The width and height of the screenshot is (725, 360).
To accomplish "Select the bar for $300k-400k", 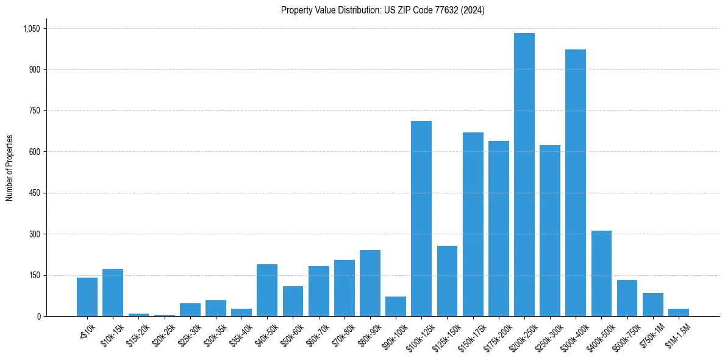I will [576, 183].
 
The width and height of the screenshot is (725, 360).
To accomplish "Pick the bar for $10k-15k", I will [113, 293].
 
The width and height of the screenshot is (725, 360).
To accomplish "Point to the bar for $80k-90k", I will [370, 283].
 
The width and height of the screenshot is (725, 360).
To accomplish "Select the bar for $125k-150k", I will [447, 281].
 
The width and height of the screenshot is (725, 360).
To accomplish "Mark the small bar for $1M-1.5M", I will [679, 312].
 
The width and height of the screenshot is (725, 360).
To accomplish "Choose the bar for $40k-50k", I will [267, 290].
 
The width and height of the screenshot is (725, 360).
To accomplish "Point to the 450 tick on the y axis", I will [34, 193].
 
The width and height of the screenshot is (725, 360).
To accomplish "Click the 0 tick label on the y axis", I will [38, 317].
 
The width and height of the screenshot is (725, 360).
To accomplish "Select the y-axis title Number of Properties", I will [9, 168].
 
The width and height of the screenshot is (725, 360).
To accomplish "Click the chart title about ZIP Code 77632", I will [383, 10].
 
